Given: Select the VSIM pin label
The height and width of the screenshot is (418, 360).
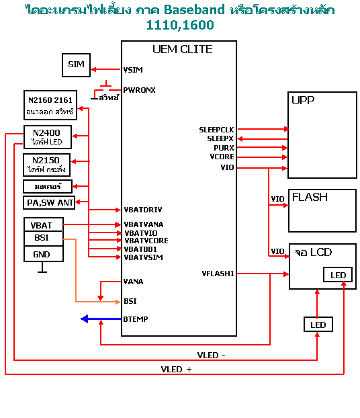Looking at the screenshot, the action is (133, 70).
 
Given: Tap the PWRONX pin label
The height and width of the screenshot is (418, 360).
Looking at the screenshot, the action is (139, 90).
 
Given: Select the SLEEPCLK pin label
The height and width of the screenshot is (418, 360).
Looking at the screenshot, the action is (216, 130).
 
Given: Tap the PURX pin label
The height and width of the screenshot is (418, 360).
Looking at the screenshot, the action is (224, 148).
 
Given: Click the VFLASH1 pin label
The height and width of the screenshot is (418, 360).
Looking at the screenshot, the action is (218, 274).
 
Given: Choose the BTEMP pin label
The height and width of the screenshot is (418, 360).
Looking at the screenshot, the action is (136, 319).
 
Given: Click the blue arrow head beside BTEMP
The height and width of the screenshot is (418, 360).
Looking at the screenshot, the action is (84, 319).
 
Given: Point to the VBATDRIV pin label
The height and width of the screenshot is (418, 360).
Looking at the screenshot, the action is (143, 210).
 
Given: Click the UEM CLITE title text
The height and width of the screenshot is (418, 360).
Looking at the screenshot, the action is (183, 49).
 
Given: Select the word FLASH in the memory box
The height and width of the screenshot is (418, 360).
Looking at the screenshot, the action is (310, 197).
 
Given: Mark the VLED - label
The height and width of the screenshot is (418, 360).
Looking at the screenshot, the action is (211, 355).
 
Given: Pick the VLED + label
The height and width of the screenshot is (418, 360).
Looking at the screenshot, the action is (176, 369).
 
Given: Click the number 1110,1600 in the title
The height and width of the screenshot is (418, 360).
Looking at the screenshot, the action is (180, 26).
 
